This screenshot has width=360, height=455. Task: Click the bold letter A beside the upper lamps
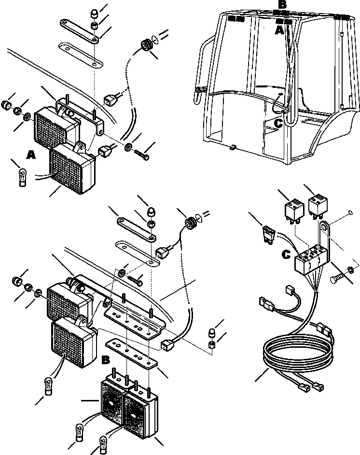[31, 155]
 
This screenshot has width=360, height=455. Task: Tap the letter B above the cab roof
[282, 5]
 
